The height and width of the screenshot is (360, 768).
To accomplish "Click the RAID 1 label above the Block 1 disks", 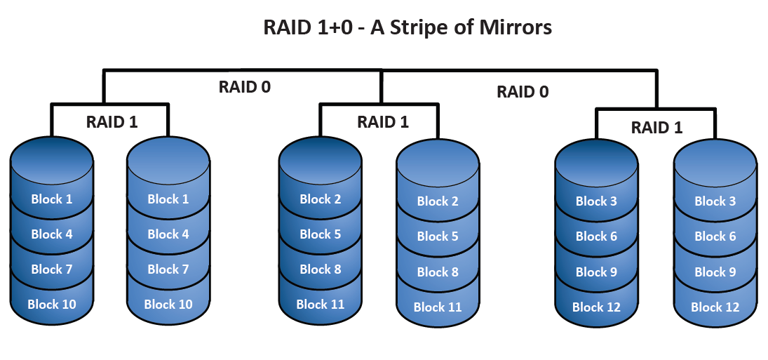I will click(112, 121).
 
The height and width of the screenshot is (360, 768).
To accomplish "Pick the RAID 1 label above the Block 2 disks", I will click(383, 121).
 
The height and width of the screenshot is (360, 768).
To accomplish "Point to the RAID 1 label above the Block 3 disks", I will click(656, 127).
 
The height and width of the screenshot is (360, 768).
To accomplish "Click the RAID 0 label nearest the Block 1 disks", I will click(245, 87).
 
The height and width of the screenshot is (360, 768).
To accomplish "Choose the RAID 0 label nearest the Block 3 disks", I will click(523, 91).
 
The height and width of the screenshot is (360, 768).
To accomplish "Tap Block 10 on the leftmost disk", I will click(52, 304).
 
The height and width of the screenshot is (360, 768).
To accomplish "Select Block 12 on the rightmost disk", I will click(715, 307).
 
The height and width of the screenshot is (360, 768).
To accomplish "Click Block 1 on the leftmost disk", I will click(52, 199).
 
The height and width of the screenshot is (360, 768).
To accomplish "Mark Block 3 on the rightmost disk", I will click(715, 201).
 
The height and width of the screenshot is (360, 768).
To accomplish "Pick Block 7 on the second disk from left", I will click(168, 269).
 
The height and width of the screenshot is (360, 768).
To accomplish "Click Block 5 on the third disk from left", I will click(321, 234).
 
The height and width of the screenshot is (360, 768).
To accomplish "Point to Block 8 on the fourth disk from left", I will click(438, 272).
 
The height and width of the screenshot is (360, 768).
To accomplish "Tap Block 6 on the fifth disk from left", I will click(596, 236).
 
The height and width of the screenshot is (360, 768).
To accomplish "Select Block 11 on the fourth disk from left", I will click(438, 307).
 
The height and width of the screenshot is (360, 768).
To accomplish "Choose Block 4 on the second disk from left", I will click(168, 234).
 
